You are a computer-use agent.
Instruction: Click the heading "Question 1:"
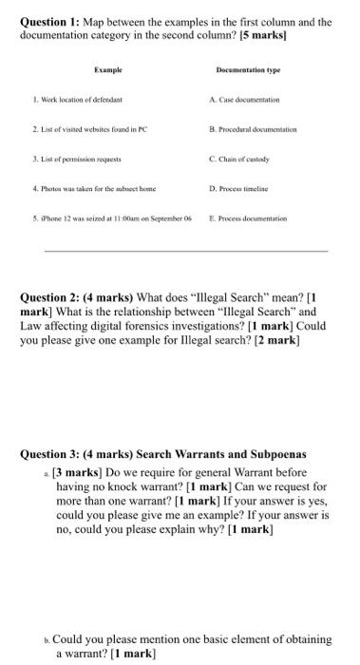pos(48,19)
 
